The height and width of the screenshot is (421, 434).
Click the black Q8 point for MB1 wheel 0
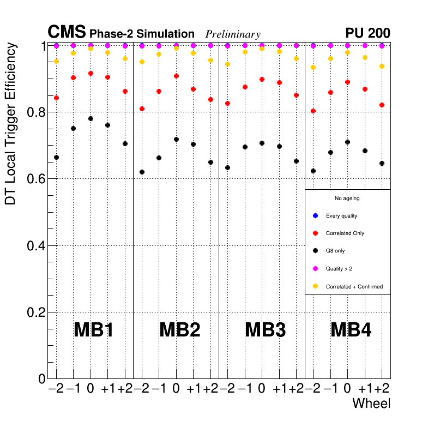click(91, 118)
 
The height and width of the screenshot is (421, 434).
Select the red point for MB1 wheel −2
click(56, 98)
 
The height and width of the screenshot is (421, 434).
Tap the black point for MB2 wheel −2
click(142, 172)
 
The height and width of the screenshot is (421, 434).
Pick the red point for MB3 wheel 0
click(262, 79)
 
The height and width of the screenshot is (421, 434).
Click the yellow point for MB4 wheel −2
click(313, 67)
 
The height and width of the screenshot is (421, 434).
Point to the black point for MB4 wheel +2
click(382, 163)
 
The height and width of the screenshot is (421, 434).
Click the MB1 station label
click(93, 330)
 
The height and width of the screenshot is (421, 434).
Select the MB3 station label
click(265, 330)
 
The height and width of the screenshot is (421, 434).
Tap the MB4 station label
click(351, 330)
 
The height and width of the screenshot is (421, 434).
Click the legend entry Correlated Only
click(345, 233)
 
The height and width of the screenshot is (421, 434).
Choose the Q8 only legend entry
click(335, 251)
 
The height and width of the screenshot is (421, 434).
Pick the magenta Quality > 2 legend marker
click(315, 268)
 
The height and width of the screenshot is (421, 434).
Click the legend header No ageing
click(347, 199)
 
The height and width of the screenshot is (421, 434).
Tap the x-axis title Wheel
click(372, 404)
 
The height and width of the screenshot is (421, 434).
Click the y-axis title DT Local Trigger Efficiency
click(10, 124)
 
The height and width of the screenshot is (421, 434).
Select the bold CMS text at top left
click(67, 33)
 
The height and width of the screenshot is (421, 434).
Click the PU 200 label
click(367, 33)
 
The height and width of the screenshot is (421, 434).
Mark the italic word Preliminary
click(233, 34)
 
